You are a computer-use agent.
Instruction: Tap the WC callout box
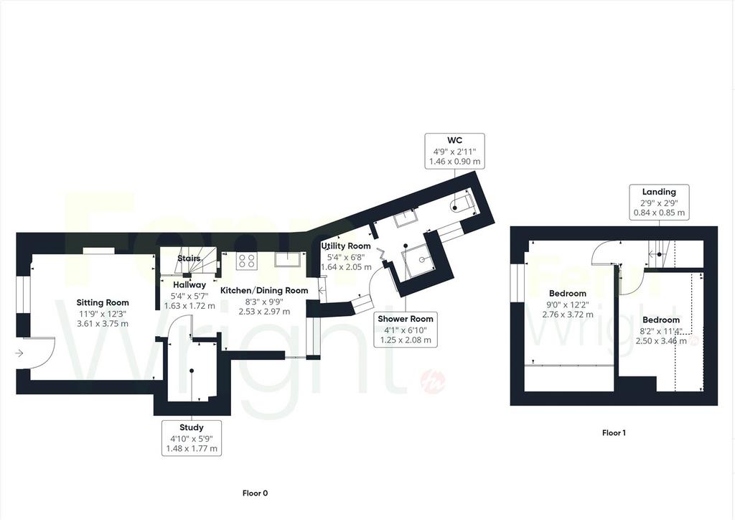point(454,151)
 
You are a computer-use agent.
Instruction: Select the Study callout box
point(191,437)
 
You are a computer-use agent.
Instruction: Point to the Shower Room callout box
point(406,329)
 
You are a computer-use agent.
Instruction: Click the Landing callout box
point(659,202)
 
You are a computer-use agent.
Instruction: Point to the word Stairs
point(189,259)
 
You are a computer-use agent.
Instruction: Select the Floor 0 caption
point(255,493)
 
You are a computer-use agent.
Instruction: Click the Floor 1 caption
point(614,433)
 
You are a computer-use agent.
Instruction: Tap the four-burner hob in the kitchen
point(247,261)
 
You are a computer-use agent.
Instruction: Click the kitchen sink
point(287,259)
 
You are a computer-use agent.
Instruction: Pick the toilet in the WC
point(462,204)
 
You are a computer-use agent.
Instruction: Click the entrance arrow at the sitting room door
point(19,353)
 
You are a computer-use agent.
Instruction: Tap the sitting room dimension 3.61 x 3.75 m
point(102,323)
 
